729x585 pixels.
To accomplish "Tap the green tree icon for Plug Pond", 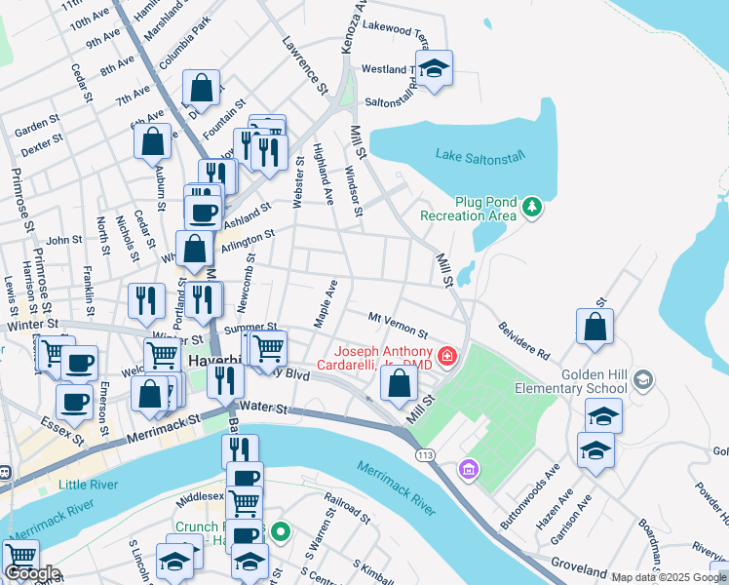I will [x=532, y=206].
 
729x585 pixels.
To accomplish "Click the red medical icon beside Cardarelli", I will [x=447, y=358].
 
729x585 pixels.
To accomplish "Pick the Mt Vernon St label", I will [x=398, y=325].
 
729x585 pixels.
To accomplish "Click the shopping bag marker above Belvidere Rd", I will [x=595, y=328].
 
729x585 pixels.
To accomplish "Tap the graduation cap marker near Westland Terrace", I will [x=434, y=68].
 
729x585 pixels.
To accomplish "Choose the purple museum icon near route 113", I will [x=469, y=470].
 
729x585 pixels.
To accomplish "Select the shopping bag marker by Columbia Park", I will [x=201, y=88].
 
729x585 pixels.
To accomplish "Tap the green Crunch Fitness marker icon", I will [x=281, y=532].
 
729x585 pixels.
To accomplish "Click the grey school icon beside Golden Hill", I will [x=642, y=378].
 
